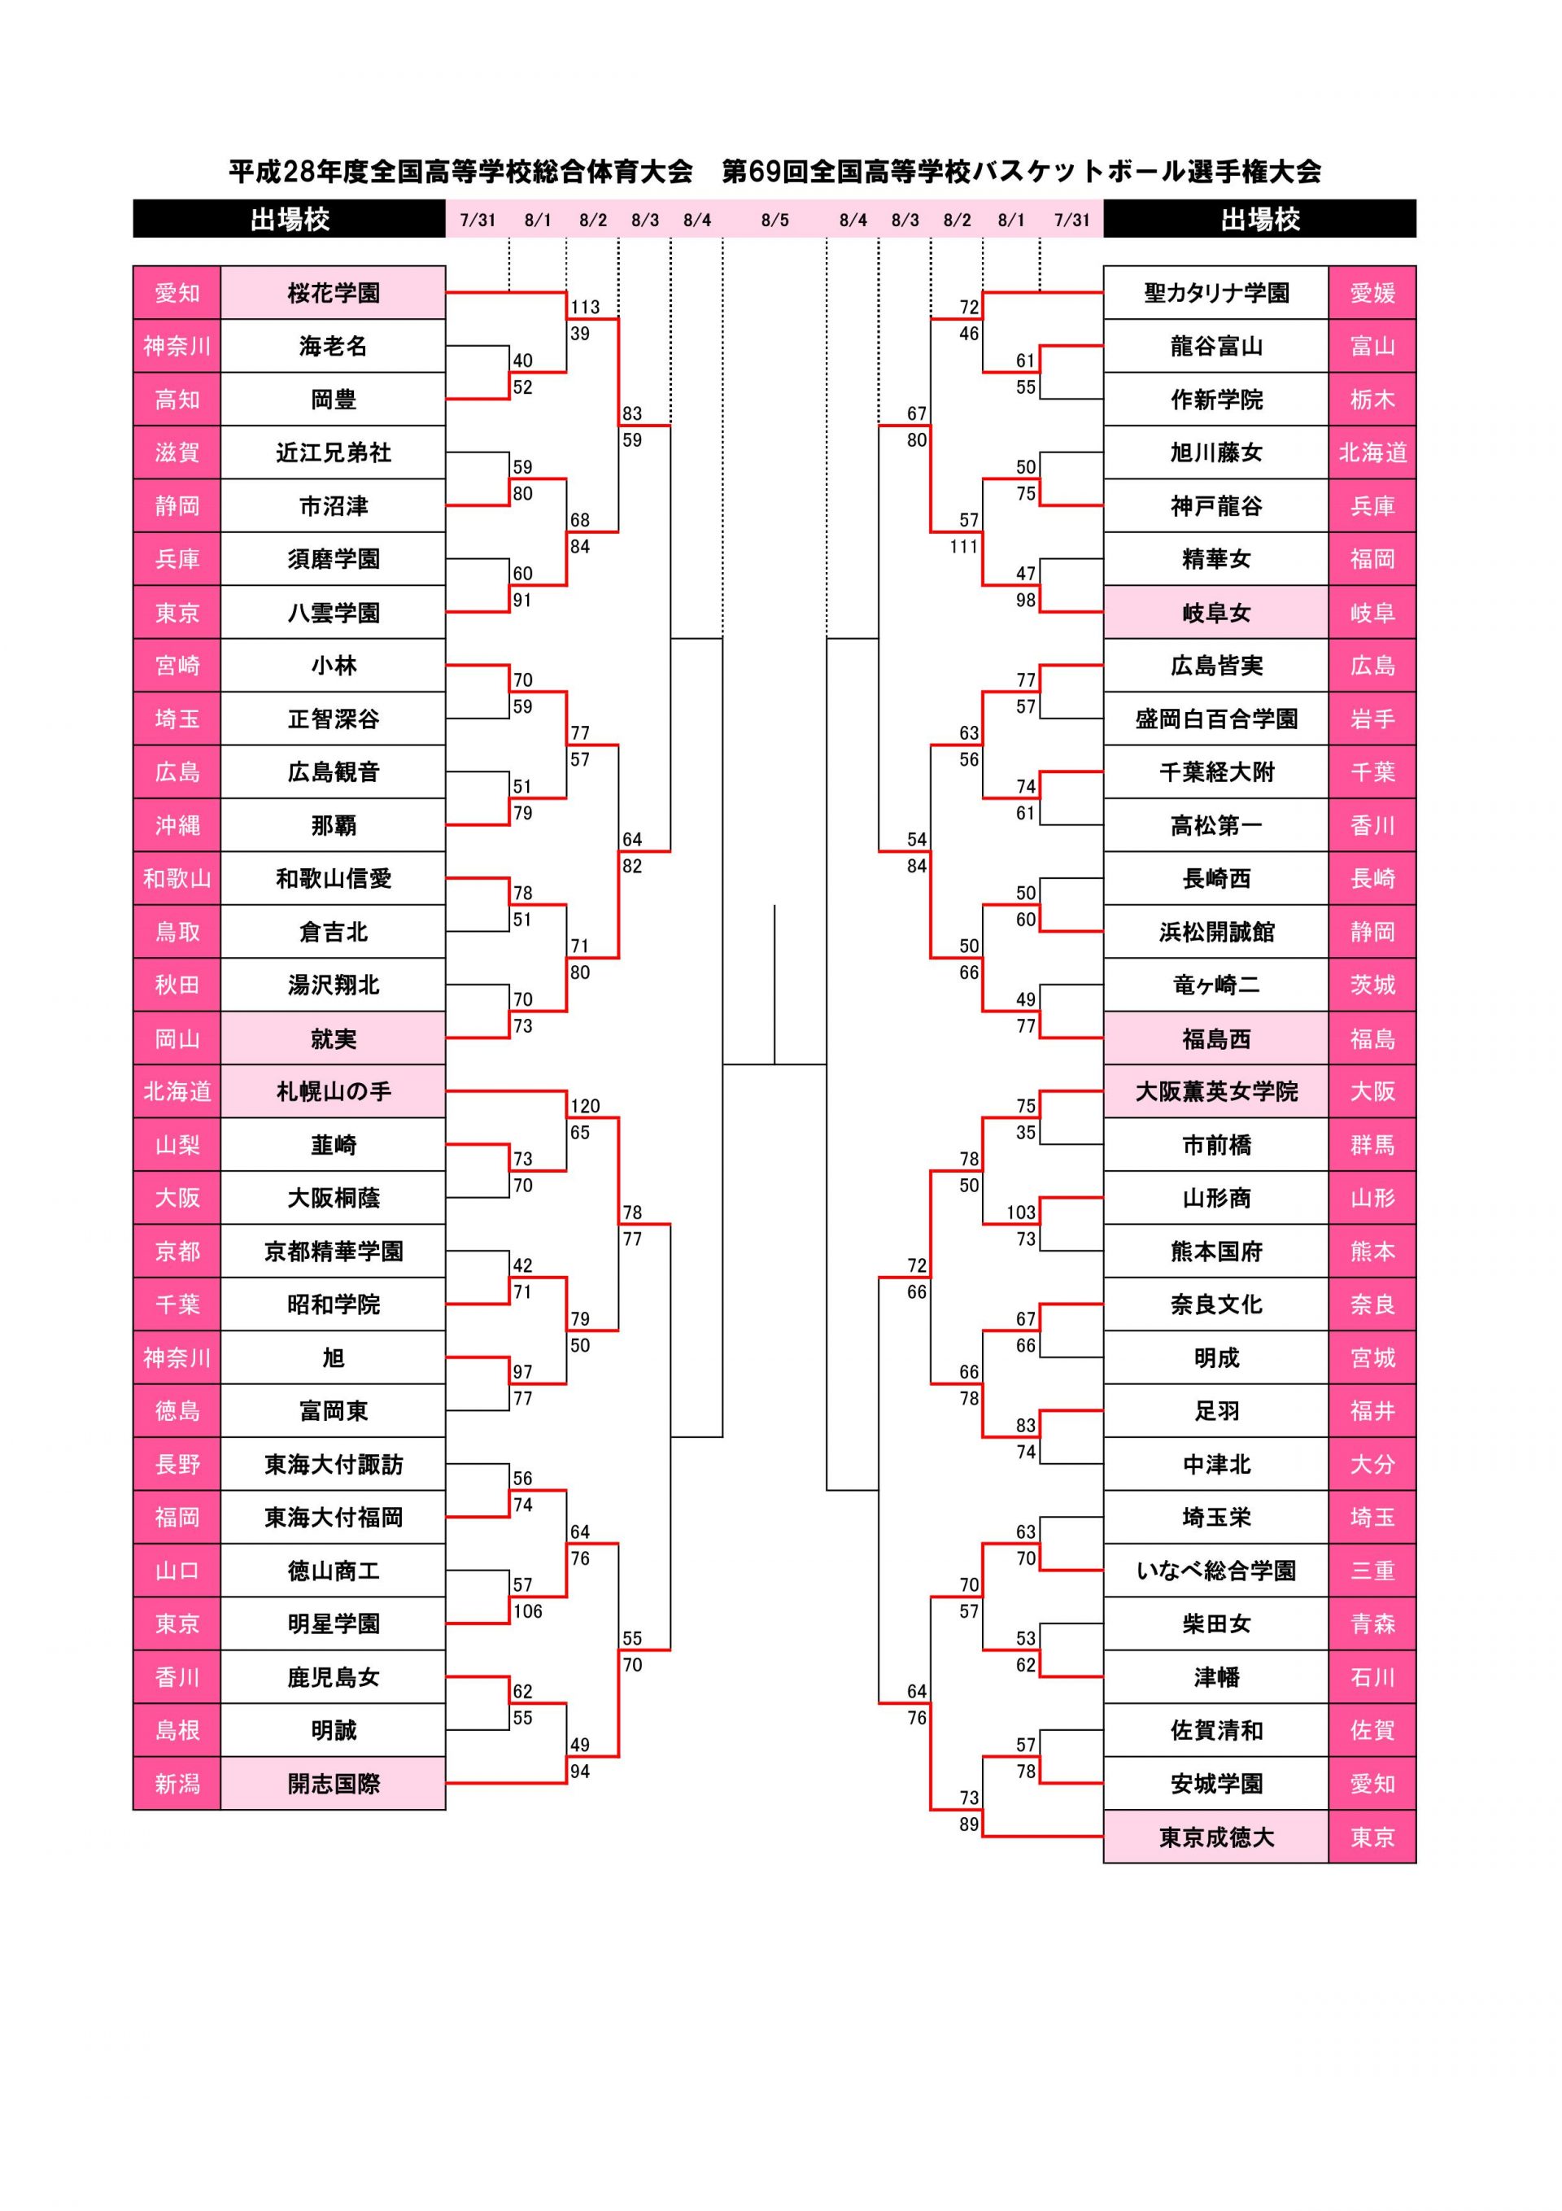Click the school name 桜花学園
334,293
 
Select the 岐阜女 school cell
1215,613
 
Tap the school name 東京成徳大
1215,1837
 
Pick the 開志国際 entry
334,1784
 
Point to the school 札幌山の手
334,1091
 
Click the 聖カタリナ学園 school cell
1215,293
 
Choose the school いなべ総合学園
1215,1571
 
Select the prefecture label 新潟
177,1784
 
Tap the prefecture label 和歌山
177,878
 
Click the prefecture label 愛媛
1372,293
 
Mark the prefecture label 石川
1372,1677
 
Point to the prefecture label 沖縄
177,825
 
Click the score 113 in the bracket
585,307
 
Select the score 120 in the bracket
585,1105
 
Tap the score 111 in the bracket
963,547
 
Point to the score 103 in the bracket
1021,1213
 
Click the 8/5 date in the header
774,220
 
